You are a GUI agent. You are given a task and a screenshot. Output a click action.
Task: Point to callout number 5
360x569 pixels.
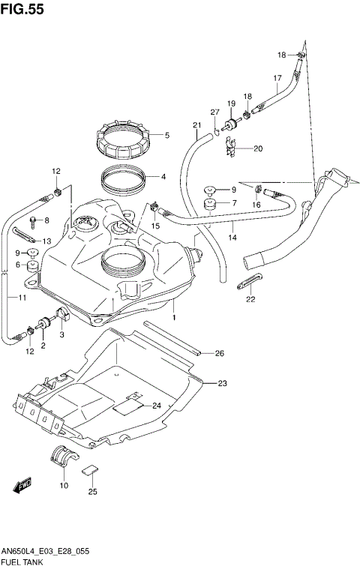pyautogui.click(x=166, y=136)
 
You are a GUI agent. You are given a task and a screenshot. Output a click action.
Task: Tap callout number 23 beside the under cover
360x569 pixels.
pyautogui.click(x=222, y=383)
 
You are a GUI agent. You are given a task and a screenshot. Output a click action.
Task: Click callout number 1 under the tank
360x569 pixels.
pyautogui.click(x=173, y=318)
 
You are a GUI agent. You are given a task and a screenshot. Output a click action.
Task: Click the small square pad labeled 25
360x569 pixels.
pyautogui.click(x=91, y=471)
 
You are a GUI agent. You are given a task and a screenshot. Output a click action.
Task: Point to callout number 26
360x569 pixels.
pyautogui.click(x=220, y=353)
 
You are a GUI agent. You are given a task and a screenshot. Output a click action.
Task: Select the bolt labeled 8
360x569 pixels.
pyautogui.click(x=33, y=222)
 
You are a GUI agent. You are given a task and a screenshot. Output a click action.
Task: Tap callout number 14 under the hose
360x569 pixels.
pyautogui.click(x=232, y=238)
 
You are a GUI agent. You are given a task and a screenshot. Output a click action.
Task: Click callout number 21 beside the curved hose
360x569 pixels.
pyautogui.click(x=196, y=125)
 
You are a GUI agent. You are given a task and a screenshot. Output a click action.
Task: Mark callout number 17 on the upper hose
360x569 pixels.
pyautogui.click(x=277, y=78)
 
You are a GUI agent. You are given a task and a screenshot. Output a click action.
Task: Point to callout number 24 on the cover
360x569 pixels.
pyautogui.click(x=157, y=406)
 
